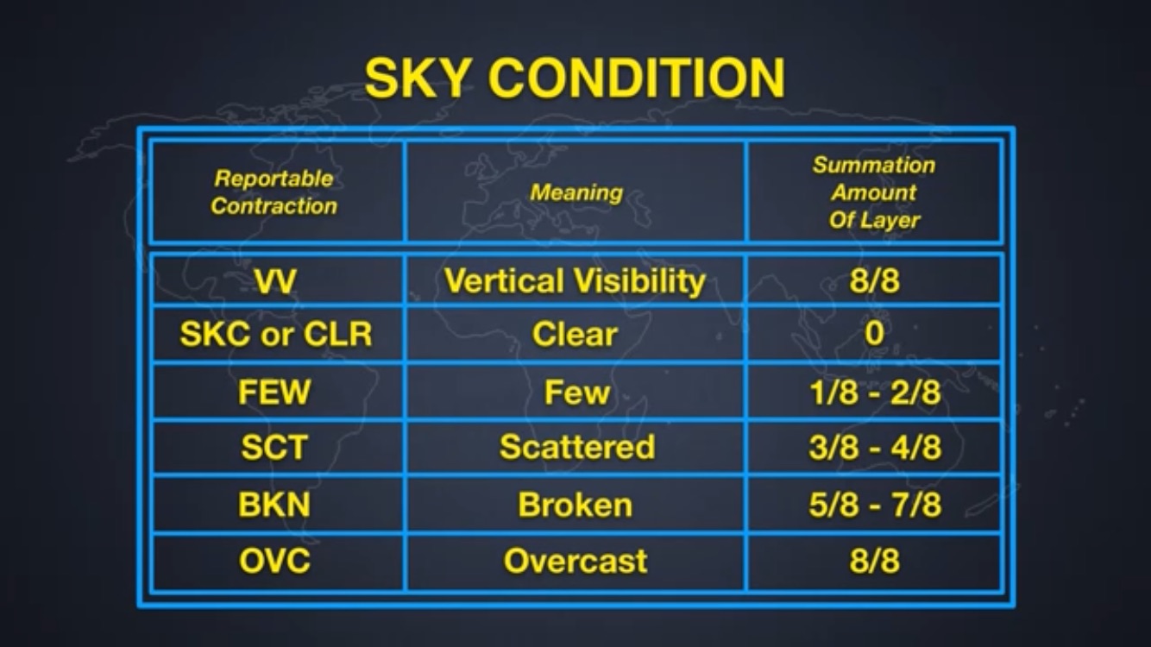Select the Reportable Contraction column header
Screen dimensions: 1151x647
point(274,192)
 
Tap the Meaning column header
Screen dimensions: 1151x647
point(576,192)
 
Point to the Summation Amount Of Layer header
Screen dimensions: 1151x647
point(874,192)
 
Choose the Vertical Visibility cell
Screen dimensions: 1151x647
point(575,281)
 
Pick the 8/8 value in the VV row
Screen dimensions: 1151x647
point(874,280)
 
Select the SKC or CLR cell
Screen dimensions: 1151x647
point(276,334)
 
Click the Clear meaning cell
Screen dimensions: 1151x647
point(575,335)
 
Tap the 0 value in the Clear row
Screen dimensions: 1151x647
point(874,333)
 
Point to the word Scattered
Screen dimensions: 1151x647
point(577,447)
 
